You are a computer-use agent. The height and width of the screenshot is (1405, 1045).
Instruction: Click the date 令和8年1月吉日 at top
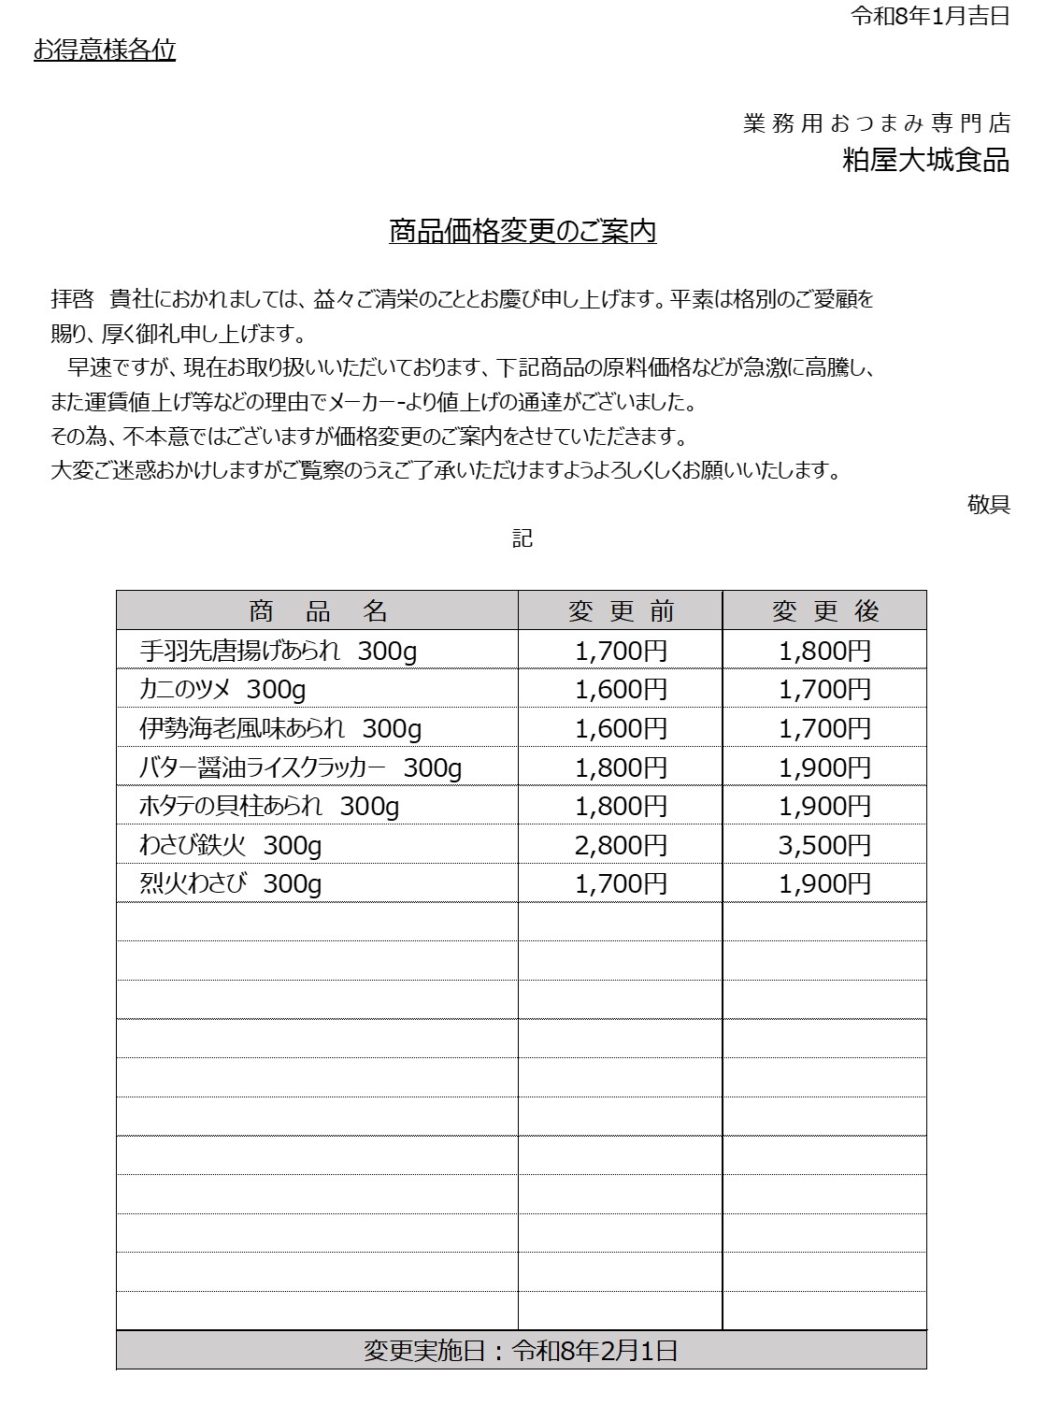pyautogui.click(x=929, y=16)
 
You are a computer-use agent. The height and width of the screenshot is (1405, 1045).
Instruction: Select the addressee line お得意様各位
pyautogui.click(x=105, y=50)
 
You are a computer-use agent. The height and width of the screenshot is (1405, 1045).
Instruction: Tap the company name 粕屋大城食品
pyautogui.click(x=925, y=160)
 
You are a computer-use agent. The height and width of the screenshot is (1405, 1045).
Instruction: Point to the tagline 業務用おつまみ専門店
pyautogui.click(x=877, y=123)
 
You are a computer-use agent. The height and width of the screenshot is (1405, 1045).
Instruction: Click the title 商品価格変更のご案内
pyautogui.click(x=522, y=231)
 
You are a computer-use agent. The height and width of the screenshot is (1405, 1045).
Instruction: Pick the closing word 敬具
pyautogui.click(x=988, y=505)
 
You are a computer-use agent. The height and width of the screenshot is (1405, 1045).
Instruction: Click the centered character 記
pyautogui.click(x=522, y=538)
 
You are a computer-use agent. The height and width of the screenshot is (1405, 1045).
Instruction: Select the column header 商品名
pyautogui.click(x=317, y=610)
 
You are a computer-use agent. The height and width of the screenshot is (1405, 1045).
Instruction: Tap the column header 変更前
pyautogui.click(x=621, y=610)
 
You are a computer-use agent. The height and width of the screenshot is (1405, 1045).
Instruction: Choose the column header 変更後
pyautogui.click(x=824, y=610)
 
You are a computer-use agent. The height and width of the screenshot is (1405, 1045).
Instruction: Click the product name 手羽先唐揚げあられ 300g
pyautogui.click(x=278, y=651)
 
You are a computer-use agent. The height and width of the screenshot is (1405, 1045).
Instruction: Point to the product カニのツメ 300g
pyautogui.click(x=222, y=690)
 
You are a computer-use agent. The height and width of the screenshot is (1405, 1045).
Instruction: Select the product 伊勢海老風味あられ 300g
pyautogui.click(x=280, y=728)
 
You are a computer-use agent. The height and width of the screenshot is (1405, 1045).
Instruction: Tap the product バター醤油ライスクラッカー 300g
pyautogui.click(x=300, y=767)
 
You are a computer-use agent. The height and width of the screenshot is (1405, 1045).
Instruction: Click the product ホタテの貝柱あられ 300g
pyautogui.click(x=269, y=806)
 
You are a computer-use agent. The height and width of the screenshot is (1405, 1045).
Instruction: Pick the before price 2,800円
pyautogui.click(x=621, y=845)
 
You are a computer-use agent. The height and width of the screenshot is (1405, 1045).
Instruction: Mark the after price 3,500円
pyautogui.click(x=824, y=845)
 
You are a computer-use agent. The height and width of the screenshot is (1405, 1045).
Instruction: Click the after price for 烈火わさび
pyautogui.click(x=824, y=883)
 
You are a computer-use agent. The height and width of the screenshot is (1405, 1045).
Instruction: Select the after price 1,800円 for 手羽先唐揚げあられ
pyautogui.click(x=824, y=651)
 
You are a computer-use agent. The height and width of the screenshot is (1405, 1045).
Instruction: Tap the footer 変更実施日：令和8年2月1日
pyautogui.click(x=521, y=1350)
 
